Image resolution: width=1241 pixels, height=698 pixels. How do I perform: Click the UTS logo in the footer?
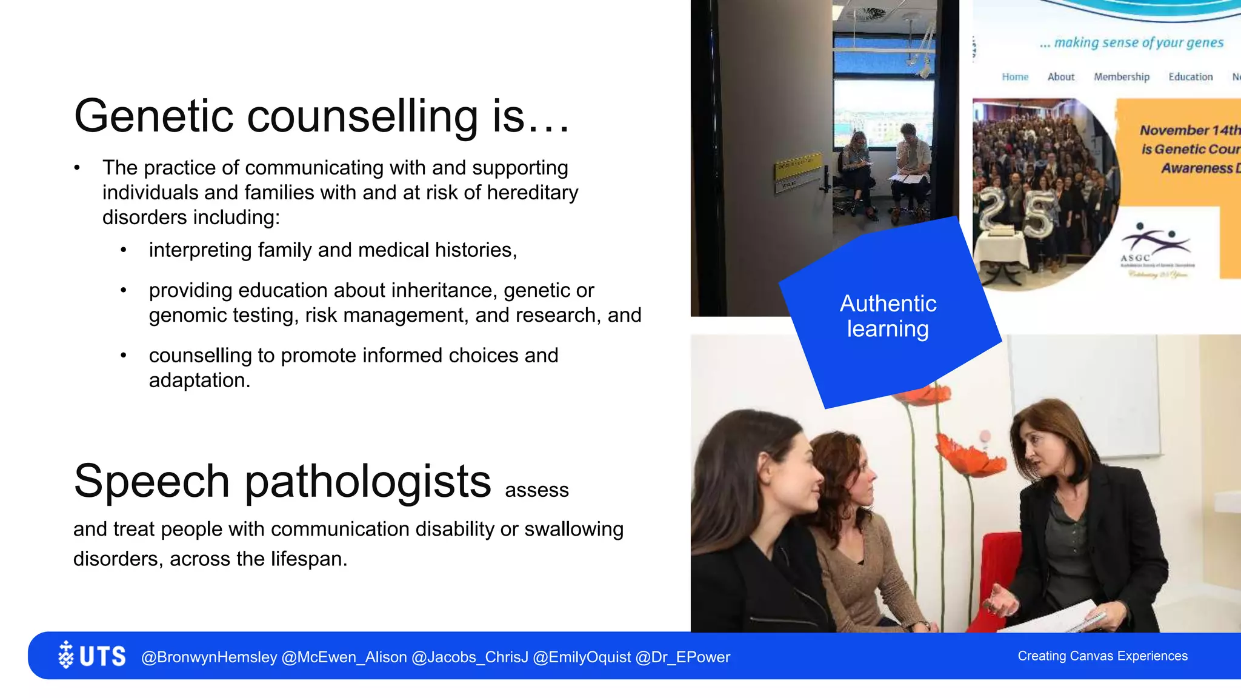[x=92, y=656]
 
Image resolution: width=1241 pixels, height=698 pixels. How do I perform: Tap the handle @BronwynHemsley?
[x=209, y=657]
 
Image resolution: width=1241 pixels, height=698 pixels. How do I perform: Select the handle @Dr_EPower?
[x=682, y=657]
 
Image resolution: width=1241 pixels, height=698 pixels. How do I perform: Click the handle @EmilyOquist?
[x=582, y=657]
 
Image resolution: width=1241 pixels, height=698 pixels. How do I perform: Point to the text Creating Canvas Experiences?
[x=1102, y=656]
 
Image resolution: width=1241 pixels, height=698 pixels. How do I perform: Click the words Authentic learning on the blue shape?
[x=888, y=316]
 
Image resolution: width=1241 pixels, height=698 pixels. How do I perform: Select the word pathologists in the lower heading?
[x=367, y=482]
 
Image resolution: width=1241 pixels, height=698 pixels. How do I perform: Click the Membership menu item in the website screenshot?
[x=1121, y=77]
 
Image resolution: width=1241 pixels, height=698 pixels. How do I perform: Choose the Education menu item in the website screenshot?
[x=1190, y=77]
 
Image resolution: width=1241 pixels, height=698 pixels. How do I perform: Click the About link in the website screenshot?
[x=1060, y=77]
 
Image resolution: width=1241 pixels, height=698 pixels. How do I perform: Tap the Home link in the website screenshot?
[x=1015, y=77]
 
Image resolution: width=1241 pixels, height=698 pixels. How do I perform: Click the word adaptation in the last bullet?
[x=199, y=381]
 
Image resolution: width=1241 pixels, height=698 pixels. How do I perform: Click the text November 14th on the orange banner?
[x=1189, y=130]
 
